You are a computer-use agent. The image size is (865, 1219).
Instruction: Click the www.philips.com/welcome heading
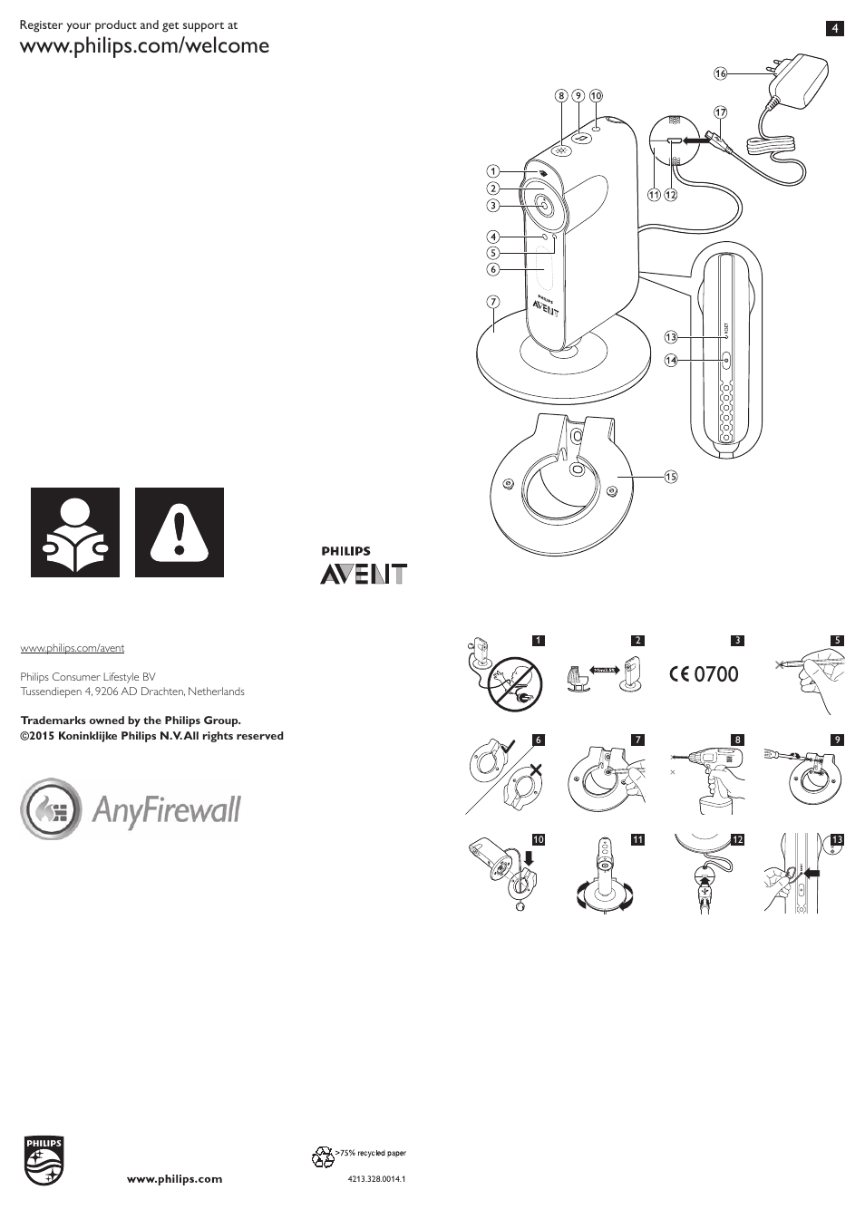tap(145, 45)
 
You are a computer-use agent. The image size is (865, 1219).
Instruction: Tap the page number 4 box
tap(834, 28)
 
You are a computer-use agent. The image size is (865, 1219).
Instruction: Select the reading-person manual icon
tap(75, 532)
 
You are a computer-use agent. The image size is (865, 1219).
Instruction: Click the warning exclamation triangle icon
tap(180, 532)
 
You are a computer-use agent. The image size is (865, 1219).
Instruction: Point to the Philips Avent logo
tap(363, 566)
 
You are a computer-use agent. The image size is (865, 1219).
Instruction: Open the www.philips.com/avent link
tap(73, 648)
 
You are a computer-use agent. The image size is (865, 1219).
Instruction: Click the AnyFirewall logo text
tap(166, 809)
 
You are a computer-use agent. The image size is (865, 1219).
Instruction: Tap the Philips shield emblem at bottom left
tap(44, 1160)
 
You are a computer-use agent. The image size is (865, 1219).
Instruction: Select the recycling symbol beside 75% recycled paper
tap(323, 1156)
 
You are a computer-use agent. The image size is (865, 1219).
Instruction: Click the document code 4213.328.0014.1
tap(375, 1179)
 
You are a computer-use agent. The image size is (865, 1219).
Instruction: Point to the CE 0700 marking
tap(705, 673)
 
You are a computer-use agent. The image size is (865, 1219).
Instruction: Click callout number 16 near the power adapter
tap(720, 73)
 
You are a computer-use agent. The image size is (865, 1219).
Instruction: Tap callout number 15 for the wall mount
tap(670, 477)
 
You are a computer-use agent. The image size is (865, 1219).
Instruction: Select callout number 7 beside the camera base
tap(493, 302)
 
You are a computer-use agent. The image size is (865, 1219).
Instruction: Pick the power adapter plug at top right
tap(798, 77)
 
